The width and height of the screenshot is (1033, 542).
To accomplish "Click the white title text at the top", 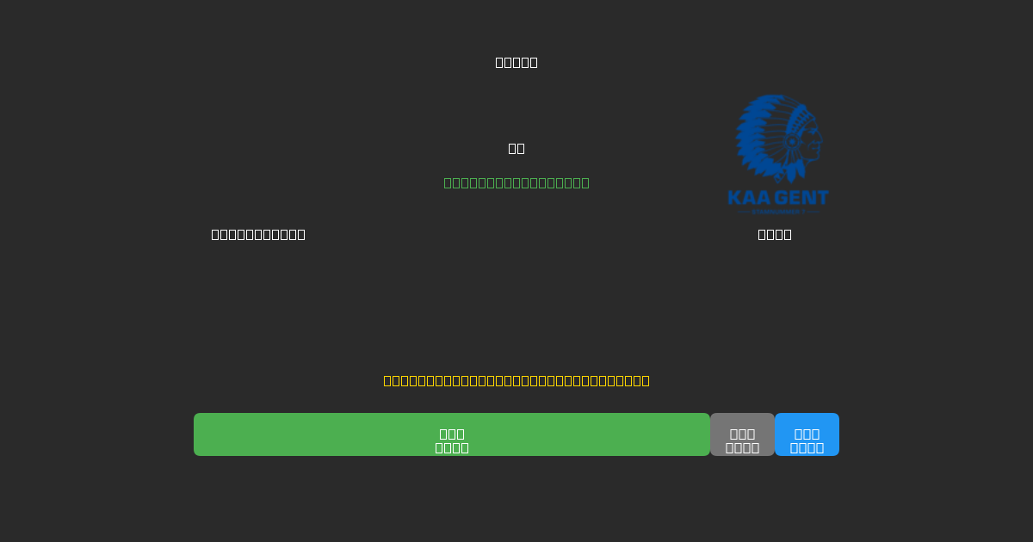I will [516, 62].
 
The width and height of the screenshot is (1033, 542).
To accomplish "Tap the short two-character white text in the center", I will [516, 148].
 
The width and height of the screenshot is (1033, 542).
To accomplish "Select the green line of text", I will [516, 182].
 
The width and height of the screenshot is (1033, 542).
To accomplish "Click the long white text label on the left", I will [258, 234].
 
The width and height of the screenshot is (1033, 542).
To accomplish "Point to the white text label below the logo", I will [775, 234].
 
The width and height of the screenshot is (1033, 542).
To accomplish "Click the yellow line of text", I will [516, 380].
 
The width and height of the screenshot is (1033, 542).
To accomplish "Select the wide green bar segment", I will [344, 434].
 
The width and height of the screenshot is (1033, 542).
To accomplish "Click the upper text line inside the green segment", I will [452, 434].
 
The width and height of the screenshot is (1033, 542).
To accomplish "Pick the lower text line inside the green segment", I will [452, 447].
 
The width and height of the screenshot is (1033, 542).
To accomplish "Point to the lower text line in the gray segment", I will [742, 447].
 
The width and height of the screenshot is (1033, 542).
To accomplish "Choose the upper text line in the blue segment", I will [807, 434].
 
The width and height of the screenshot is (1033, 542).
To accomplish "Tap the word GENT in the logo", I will [801, 198].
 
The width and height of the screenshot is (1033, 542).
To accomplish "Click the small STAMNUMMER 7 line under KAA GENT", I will [778, 211].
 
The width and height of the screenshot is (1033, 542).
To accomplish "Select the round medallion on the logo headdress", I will [792, 142].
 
